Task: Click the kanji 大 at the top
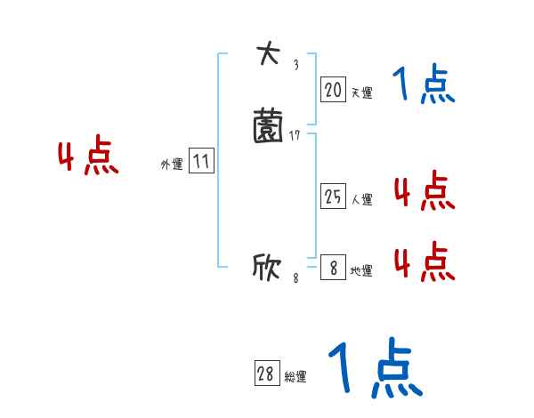pos(267,54)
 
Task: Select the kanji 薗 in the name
pos(267,126)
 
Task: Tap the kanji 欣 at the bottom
pos(267,267)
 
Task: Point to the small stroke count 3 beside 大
pos(295,65)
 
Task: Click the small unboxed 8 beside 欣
pos(295,278)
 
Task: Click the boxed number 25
pos(333,197)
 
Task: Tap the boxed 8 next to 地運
pos(333,268)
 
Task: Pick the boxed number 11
pos(202,162)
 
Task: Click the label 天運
pos(361,92)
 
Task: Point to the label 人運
pos(361,200)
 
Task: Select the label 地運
pos(361,270)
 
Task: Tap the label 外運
pos(172,165)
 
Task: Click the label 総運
pos(295,377)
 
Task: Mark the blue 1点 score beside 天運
pos(424,85)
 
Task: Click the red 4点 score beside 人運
pos(424,192)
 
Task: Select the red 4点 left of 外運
pos(88,157)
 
